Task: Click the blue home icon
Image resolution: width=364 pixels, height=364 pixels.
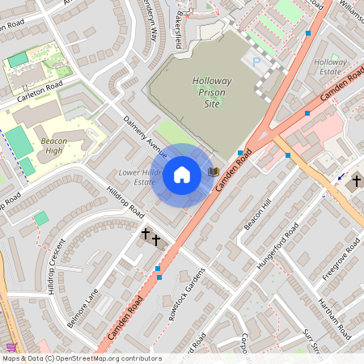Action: [x=182, y=174]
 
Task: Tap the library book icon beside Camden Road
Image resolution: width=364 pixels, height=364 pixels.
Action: [x=214, y=171]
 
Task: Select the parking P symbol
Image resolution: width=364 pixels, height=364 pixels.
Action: [x=256, y=62]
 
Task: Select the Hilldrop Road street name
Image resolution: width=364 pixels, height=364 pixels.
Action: [x=125, y=202]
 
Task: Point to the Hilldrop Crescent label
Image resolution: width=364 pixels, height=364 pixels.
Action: [x=54, y=265]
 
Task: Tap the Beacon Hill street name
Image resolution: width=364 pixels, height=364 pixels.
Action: [x=258, y=213]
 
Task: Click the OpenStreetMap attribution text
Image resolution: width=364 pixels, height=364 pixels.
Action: [x=81, y=358]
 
